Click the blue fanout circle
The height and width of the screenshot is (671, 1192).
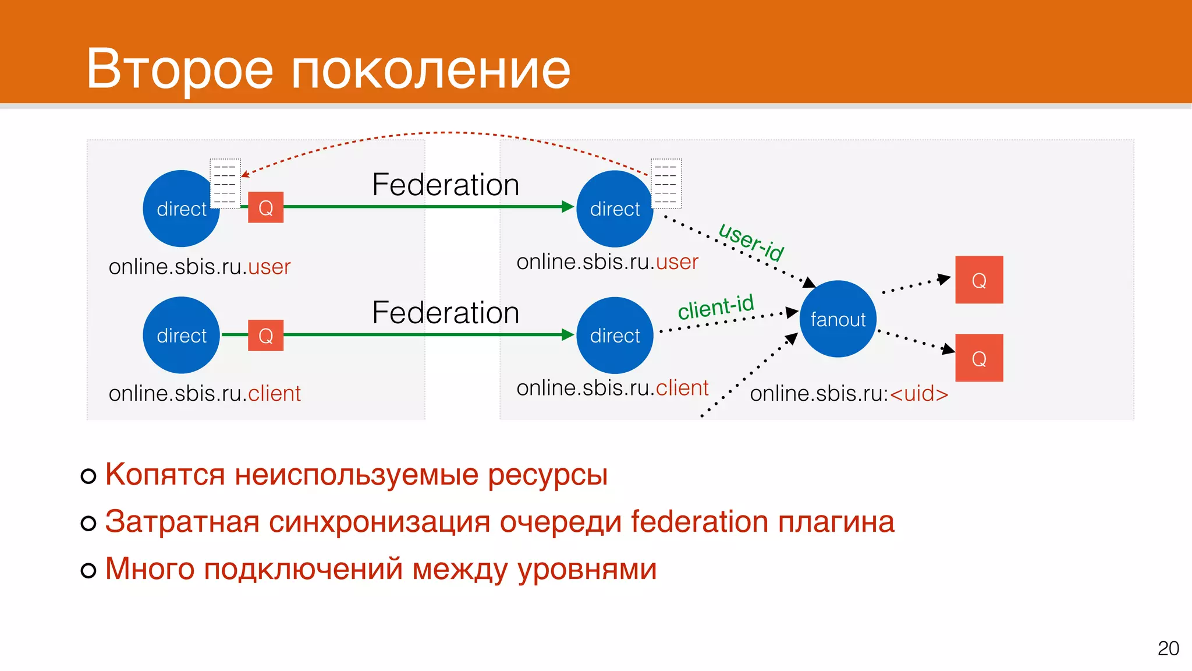(x=838, y=319)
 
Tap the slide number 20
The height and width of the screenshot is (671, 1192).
(x=1168, y=648)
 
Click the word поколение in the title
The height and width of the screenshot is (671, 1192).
(x=430, y=69)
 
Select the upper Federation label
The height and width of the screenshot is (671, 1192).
(x=445, y=185)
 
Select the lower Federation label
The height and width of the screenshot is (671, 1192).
(x=445, y=313)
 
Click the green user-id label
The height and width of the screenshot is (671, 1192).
(x=751, y=242)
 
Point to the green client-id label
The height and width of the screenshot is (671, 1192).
(x=716, y=306)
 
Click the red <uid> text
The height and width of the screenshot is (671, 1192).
(x=919, y=394)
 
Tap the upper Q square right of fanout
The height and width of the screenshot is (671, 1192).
(x=979, y=280)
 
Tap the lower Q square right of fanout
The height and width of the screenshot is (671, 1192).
(x=979, y=358)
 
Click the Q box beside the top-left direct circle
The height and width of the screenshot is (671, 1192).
(x=265, y=207)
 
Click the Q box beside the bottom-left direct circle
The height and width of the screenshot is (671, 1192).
(x=265, y=335)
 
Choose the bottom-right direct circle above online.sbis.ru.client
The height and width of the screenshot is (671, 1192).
(x=615, y=335)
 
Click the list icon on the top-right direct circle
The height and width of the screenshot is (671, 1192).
(x=666, y=183)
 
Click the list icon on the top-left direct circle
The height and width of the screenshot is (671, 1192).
(x=225, y=183)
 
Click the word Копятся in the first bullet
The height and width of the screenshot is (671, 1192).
(x=165, y=474)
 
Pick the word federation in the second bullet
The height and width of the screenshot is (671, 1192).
(x=699, y=521)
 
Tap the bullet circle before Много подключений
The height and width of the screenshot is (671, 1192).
(x=88, y=570)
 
